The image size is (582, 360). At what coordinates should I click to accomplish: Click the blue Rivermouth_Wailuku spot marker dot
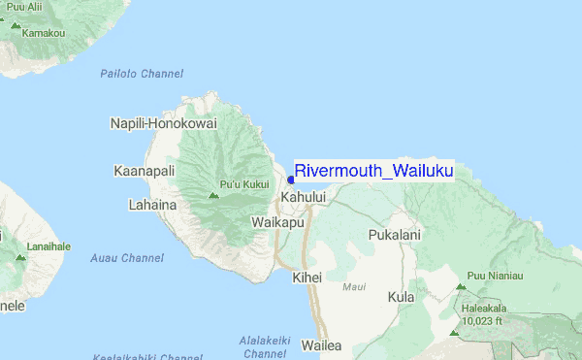click(291, 179)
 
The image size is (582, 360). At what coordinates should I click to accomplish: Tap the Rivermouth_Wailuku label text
click(373, 172)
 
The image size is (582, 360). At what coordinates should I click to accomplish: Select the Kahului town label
click(303, 197)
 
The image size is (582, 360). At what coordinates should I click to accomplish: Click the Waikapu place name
click(278, 222)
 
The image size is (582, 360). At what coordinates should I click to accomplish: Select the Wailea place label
click(322, 345)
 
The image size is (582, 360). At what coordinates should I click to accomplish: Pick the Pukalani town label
click(395, 235)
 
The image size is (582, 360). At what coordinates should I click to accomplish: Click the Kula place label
click(400, 297)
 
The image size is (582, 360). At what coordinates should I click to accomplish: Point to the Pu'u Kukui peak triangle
click(213, 195)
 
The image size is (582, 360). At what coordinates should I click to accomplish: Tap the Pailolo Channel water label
click(142, 74)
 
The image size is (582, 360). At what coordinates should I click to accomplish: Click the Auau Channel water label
click(127, 258)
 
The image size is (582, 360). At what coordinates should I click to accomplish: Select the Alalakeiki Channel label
click(264, 346)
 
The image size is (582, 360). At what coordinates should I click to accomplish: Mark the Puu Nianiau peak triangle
click(461, 287)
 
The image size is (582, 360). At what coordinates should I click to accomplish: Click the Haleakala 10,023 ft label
click(483, 314)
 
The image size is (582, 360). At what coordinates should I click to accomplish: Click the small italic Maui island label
click(354, 287)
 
